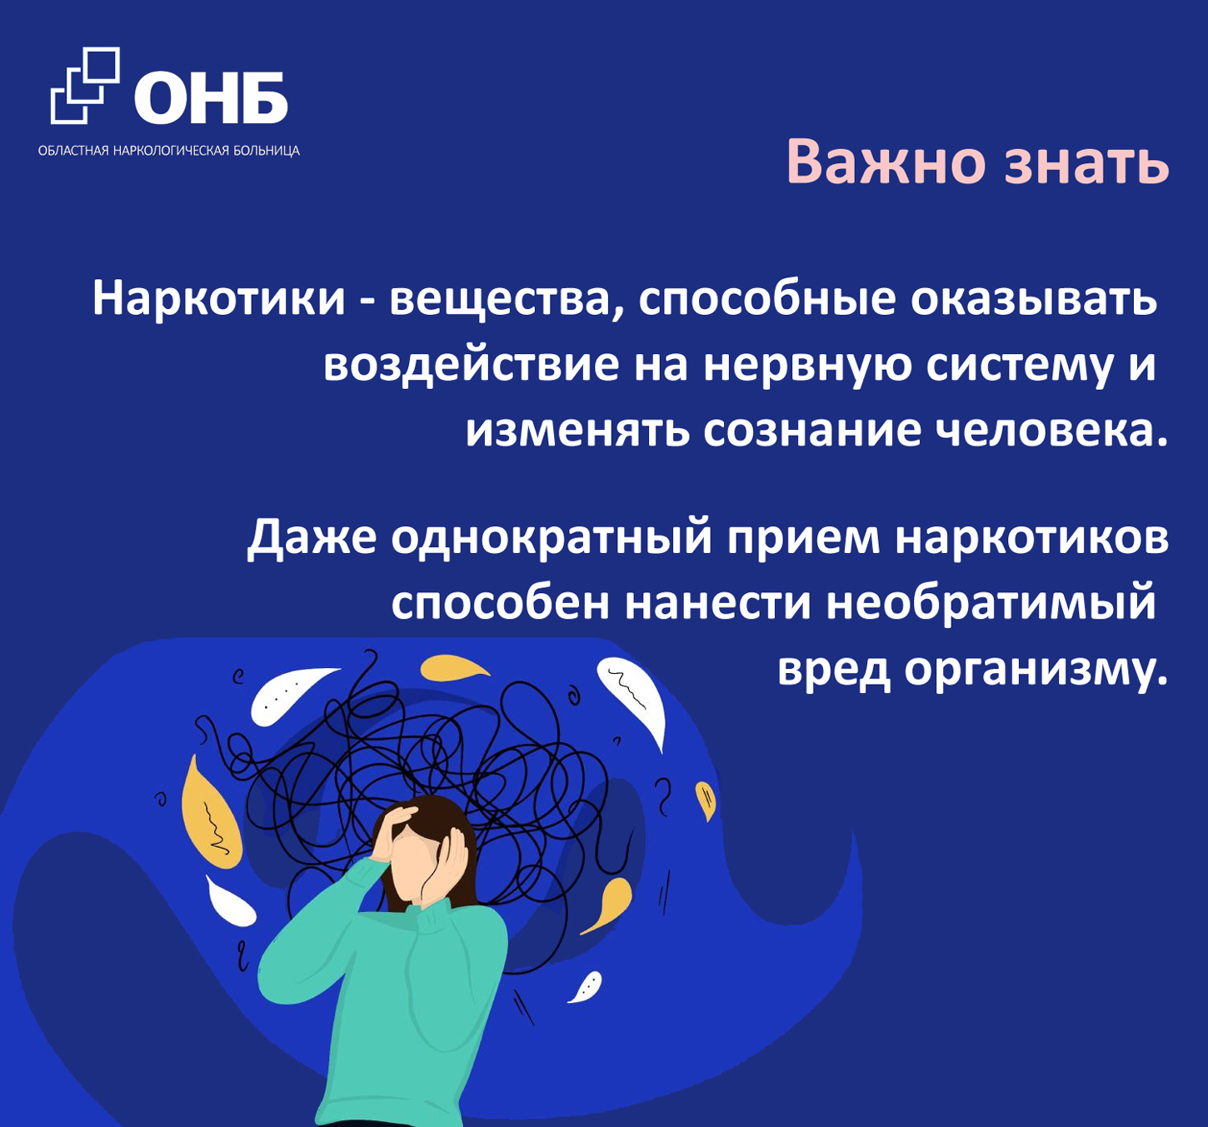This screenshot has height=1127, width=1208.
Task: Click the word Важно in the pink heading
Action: pyautogui.click(x=886, y=162)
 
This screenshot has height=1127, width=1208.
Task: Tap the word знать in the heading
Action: pyautogui.click(x=1086, y=164)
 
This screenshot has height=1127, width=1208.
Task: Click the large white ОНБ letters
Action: pyautogui.click(x=211, y=97)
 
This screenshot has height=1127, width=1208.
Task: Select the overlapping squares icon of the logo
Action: pyautogui.click(x=85, y=85)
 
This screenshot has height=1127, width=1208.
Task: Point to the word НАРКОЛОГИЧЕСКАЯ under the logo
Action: pyautogui.click(x=175, y=150)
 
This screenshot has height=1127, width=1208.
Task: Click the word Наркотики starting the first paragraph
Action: pyautogui.click(x=219, y=299)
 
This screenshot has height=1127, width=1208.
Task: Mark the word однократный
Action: pyautogui.click(x=551, y=537)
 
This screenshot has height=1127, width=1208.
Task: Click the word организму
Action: pyautogui.click(x=1036, y=671)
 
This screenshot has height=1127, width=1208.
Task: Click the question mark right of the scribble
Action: pyautogui.click(x=665, y=797)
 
